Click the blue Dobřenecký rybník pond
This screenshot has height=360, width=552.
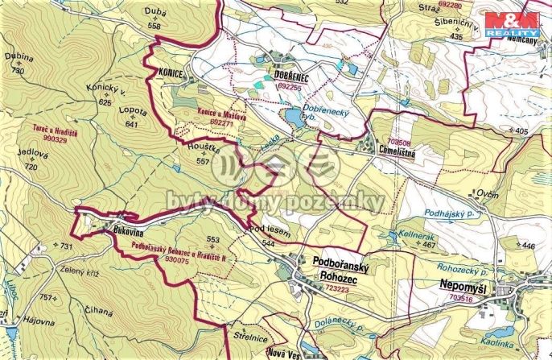288,119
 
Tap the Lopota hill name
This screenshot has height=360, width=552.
132,110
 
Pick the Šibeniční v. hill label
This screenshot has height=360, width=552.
458,27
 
